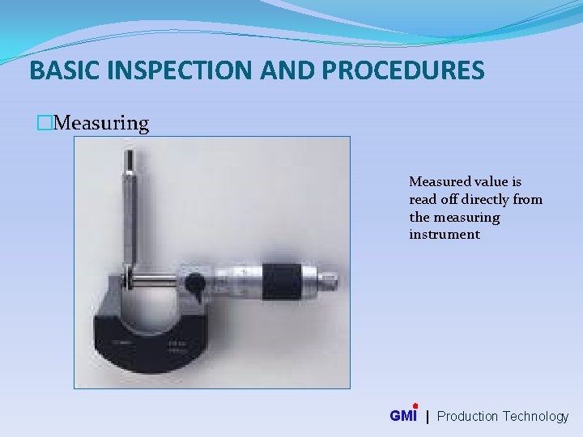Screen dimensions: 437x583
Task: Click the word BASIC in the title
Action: pos(59,71)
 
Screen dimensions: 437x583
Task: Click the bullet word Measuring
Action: pos(104,124)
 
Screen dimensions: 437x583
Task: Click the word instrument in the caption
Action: pos(445,235)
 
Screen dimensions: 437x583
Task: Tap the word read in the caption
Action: pos(423,200)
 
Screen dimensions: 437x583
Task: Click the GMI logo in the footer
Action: pos(403,416)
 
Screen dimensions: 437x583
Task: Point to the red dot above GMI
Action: pos(415,406)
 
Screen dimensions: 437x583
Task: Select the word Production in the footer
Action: pos(467,417)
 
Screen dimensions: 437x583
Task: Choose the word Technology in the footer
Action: pos(535,417)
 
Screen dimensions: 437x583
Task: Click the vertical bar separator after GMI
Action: pos(428,417)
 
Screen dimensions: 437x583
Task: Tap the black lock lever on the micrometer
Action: pos(194,282)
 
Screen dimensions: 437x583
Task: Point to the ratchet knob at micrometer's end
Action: pos(327,281)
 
